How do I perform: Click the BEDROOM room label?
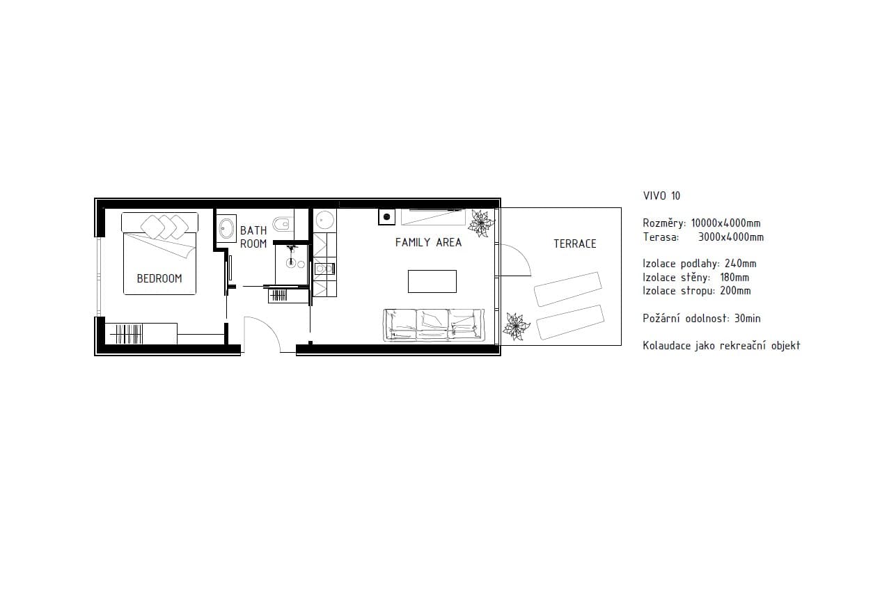click(x=159, y=278)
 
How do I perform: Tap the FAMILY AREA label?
click(x=428, y=242)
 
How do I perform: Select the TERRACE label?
click(x=575, y=244)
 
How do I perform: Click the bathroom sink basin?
click(x=226, y=228)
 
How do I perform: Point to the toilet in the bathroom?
click(x=281, y=223)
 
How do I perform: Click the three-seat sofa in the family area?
click(x=434, y=325)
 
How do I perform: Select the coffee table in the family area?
click(x=432, y=281)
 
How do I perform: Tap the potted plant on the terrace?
click(x=516, y=326)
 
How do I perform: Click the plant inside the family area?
click(x=481, y=223)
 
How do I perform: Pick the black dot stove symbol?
click(x=386, y=217)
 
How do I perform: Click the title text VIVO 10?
click(x=662, y=196)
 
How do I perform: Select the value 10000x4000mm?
click(x=725, y=223)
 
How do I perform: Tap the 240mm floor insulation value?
click(x=741, y=264)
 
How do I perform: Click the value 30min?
click(x=748, y=319)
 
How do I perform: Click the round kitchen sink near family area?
click(x=324, y=221)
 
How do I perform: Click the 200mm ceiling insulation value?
click(x=735, y=291)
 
